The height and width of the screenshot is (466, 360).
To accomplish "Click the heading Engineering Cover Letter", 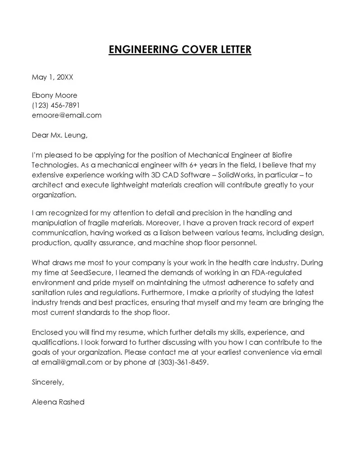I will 180,49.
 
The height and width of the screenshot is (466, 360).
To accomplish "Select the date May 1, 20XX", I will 52,77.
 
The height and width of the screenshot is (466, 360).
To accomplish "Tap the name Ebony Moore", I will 54,95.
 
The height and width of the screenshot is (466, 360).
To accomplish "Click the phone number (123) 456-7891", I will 56,105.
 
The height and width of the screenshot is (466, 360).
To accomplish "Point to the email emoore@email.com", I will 67,115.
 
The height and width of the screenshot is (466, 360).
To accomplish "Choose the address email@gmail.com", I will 72,362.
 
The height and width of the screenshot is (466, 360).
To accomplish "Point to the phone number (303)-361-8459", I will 184,362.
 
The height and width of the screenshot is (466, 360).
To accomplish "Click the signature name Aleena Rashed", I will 58,402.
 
